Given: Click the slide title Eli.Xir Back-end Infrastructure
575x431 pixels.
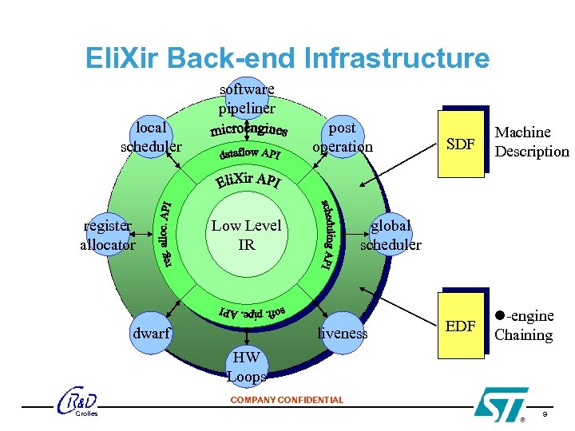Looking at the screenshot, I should coord(287,58).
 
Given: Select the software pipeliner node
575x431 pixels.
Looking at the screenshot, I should coord(247,98).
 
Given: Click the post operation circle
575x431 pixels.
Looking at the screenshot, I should coord(342,137).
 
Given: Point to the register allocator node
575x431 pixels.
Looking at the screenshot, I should coord(108,235).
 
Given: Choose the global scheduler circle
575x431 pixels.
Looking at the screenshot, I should coord(390,235).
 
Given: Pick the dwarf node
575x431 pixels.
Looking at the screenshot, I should coord(152,333).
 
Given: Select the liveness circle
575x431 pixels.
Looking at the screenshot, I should coord(343,333).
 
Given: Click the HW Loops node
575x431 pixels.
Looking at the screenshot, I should coord(247,366).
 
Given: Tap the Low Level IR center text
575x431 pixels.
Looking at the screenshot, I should coord(247,235).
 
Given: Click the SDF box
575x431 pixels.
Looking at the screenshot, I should coord(461,144).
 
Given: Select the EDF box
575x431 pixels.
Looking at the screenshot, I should coord(461,326).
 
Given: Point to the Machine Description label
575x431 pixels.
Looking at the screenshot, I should coord(532,142).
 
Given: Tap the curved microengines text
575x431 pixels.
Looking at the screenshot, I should coord(249,129).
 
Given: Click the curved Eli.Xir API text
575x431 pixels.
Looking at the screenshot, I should coord(248,180).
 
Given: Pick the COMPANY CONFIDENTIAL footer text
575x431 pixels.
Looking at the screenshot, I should coord(287,400).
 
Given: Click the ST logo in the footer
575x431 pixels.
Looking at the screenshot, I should coord(501,403).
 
